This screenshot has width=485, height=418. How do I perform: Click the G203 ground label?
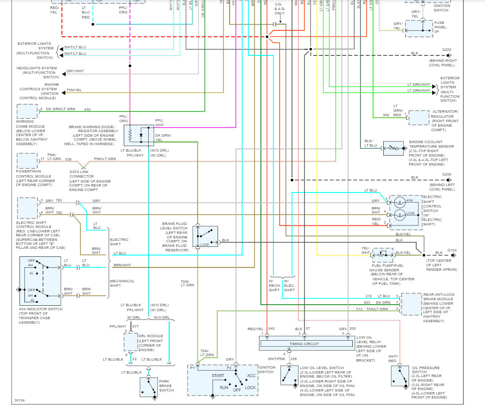pyautogui.click(x=447, y=49)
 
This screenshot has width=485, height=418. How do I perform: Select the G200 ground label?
pyautogui.click(x=447, y=174)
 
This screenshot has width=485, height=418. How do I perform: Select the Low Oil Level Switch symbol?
pyautogui.click(x=287, y=375)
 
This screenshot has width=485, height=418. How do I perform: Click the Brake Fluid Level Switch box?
pyautogui.click(x=206, y=236)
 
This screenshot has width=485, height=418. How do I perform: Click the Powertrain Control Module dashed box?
pyautogui.click(x=27, y=161)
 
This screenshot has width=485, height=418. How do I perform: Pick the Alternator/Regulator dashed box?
pyautogui.click(x=418, y=117)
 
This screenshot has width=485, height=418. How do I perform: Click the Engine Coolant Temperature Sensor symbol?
pyautogui.click(x=393, y=148)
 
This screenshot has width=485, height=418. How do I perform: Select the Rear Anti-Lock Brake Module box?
pyautogui.click(x=412, y=304)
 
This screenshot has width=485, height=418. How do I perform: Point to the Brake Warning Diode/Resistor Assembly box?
pyautogui.click(x=139, y=135)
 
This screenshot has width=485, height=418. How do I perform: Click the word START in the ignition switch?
pyautogui.click(x=218, y=376)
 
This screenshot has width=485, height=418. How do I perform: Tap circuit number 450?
pyautogui.click(x=87, y=110)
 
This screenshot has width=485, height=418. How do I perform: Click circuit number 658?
pyautogui.click(x=68, y=160)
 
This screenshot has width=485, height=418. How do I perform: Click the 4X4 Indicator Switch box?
pyautogui.click(x=40, y=281)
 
